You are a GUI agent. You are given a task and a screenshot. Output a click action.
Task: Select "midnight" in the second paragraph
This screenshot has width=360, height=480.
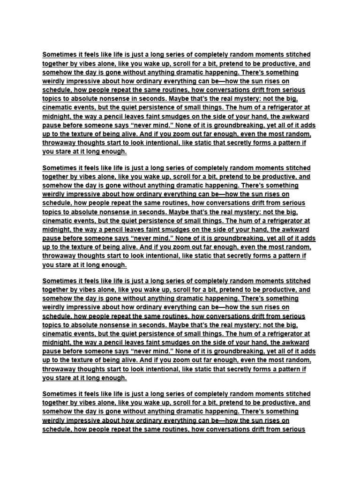point(58,230)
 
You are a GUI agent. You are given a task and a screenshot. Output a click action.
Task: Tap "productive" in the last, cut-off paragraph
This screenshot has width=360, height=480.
point(272,403)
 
